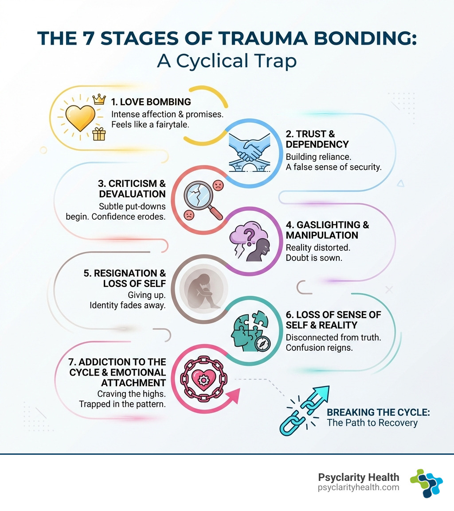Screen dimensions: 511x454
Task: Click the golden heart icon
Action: click(80, 118)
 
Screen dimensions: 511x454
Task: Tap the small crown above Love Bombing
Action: click(99, 100)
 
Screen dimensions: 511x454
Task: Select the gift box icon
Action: click(99, 134)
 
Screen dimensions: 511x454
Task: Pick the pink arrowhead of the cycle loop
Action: click(234, 395)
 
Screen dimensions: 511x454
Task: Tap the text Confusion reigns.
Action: click(319, 348)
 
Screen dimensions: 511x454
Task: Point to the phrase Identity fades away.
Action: click(128, 305)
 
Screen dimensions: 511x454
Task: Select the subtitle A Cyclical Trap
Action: click(227, 61)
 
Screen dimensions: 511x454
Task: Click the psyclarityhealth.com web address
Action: click(359, 487)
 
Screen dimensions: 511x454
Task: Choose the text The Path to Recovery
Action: click(372, 422)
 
